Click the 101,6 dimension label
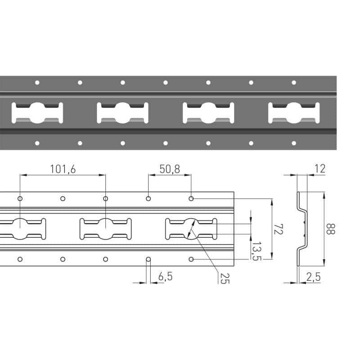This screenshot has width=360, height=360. pyautogui.click(x=63, y=169)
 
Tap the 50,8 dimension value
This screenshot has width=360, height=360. pyautogui.click(x=170, y=169)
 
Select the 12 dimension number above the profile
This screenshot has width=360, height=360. pyautogui.click(x=320, y=169)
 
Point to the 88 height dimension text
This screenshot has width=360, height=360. pyautogui.click(x=331, y=229)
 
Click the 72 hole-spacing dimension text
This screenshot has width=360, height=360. pyautogui.click(x=278, y=229)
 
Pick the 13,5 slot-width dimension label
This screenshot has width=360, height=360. pyautogui.click(x=256, y=251)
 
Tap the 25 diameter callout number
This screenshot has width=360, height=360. pyautogui.click(x=225, y=279)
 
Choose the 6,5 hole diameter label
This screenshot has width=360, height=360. pyautogui.click(x=165, y=276)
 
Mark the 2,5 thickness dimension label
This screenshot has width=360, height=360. pyautogui.click(x=313, y=277)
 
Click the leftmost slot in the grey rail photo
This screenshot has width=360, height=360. pyautogui.click(x=37, y=113)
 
